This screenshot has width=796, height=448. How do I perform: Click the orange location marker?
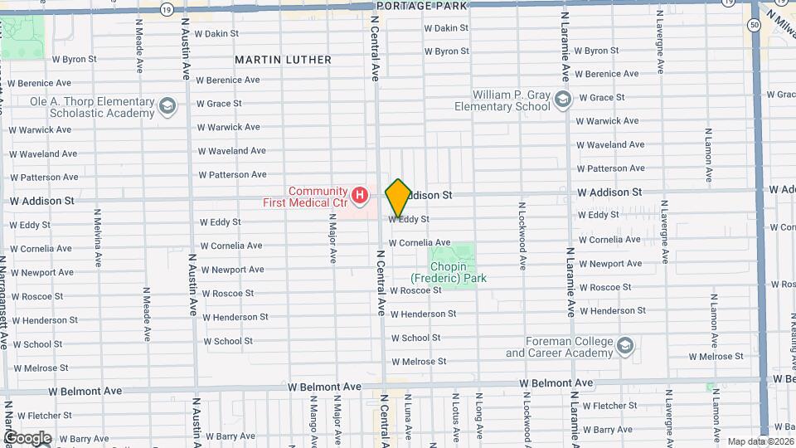click(399, 197)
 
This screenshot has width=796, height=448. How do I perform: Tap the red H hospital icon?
click(360, 196)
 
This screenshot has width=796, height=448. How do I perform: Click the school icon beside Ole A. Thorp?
click(168, 106)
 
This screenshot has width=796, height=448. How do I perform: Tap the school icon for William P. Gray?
click(563, 100)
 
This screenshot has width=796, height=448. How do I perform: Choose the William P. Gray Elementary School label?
click(511, 100)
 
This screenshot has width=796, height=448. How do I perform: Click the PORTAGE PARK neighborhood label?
click(422, 5)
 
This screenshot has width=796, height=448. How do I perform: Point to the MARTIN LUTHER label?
click(283, 60)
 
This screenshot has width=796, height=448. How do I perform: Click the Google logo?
click(27, 438)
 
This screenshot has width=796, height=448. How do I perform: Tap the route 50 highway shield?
click(755, 25)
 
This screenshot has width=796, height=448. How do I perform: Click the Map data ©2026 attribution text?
click(760, 441)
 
